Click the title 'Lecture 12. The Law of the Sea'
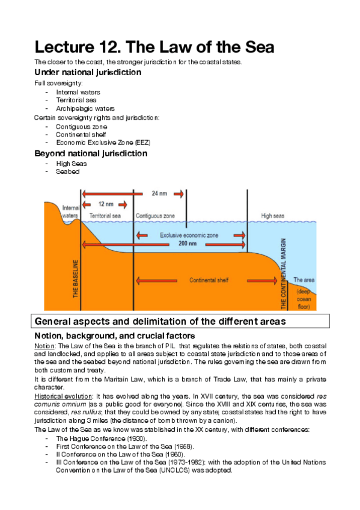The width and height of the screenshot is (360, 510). click(x=154, y=46)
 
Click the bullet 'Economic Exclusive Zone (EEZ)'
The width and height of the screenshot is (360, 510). click(x=103, y=143)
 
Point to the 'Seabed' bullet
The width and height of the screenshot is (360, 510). click(x=67, y=171)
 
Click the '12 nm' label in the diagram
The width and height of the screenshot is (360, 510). click(x=106, y=204)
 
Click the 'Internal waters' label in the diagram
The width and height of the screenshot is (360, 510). click(x=70, y=211)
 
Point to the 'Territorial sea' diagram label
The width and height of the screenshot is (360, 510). click(x=105, y=215)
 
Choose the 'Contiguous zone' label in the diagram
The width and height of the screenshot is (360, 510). click(x=155, y=215)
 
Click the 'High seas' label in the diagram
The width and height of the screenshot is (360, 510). click(x=273, y=215)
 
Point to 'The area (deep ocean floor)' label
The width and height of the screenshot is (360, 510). click(x=302, y=293)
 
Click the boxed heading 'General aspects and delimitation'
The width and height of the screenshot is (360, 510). click(x=160, y=321)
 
